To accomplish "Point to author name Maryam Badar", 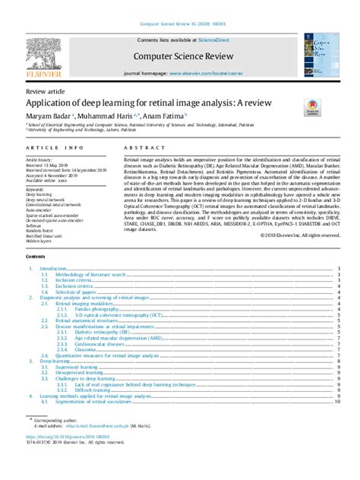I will (x=48, y=115).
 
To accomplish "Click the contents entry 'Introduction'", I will (x=53, y=269).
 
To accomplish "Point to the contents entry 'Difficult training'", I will (x=95, y=390).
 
